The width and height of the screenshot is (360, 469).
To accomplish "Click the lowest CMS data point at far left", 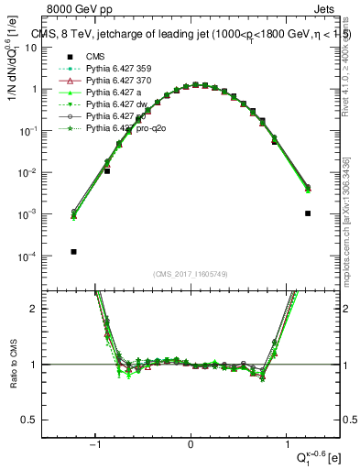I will (x=74, y=251).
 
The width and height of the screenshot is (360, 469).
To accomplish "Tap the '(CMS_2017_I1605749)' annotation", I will (x=190, y=274).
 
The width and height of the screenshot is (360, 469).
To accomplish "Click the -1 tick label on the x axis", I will (x=96, y=444).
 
